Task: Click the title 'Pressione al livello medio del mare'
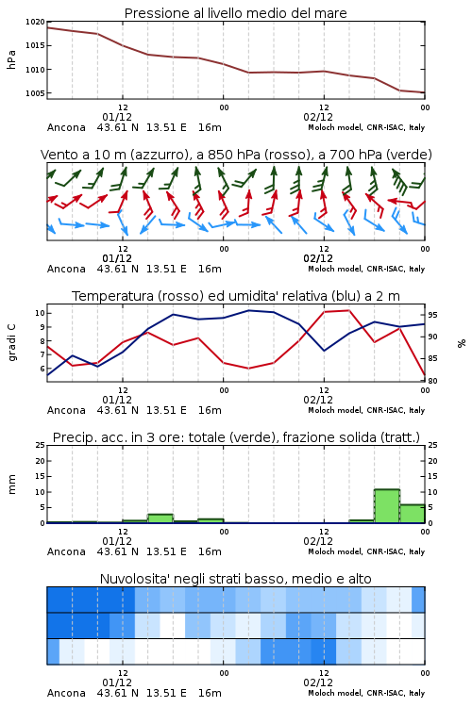click(235, 13)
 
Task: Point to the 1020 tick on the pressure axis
click(35, 22)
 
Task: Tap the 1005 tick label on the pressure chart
click(35, 93)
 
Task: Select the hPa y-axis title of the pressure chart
click(11, 59)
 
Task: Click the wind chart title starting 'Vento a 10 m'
click(236, 155)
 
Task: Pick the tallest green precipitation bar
click(387, 506)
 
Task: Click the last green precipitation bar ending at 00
click(413, 514)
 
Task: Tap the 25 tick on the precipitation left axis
click(41, 445)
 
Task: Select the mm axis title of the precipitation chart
click(11, 485)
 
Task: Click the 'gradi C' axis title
click(11, 342)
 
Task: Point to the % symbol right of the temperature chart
click(462, 343)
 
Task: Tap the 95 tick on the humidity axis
click(432, 315)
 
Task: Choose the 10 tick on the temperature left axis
click(40, 313)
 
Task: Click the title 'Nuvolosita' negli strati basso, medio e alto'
click(235, 579)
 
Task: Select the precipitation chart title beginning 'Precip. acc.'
click(236, 437)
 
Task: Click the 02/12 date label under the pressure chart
click(318, 117)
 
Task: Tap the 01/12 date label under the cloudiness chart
click(117, 682)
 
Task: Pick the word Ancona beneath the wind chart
click(66, 269)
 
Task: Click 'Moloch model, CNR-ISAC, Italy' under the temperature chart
click(366, 410)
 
